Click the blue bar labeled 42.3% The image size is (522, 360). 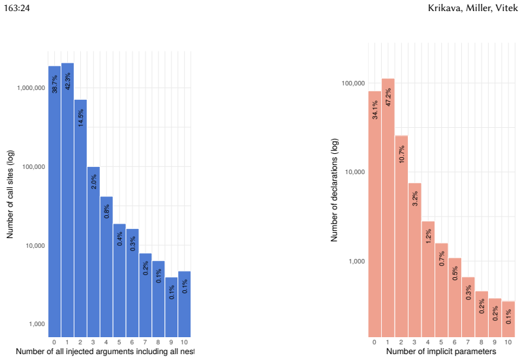tap(68, 200)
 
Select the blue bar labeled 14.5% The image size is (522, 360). tap(80, 218)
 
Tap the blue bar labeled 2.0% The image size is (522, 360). tap(93, 252)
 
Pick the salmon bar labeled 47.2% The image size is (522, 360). tap(388, 208)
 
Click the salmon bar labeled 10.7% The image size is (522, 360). tap(401, 236)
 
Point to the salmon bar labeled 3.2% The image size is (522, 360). tap(415, 260)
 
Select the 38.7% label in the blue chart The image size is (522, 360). tap(55, 84)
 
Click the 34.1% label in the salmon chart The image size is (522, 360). tap(375, 110)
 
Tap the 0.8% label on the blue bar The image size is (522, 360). tap(106, 211)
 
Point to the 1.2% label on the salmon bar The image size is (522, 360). tap(429, 236)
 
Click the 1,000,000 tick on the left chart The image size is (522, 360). tap(31, 88)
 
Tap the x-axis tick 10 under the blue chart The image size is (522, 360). tap(184, 342)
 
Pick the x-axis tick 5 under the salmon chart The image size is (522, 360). tap(441, 342)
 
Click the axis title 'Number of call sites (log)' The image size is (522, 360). tap(10, 194)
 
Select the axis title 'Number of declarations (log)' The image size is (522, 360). tap(334, 190)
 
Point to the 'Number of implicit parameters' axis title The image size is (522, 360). tap(441, 352)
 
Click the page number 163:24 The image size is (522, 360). tap(17, 8)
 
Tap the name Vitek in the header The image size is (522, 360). tap(506, 8)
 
